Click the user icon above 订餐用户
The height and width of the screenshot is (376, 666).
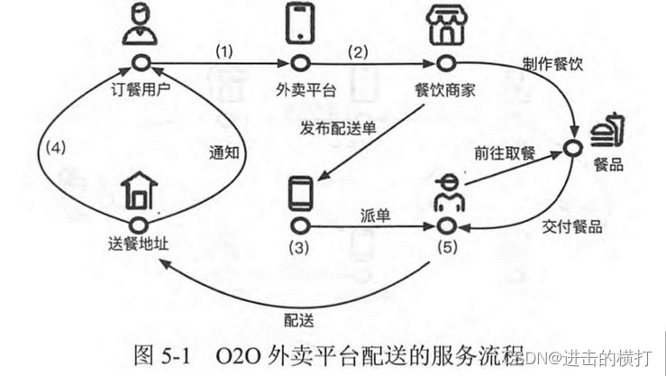tap(140, 25)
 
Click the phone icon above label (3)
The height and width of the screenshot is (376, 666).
tap(301, 193)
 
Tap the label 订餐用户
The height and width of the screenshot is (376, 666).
tap(140, 89)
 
